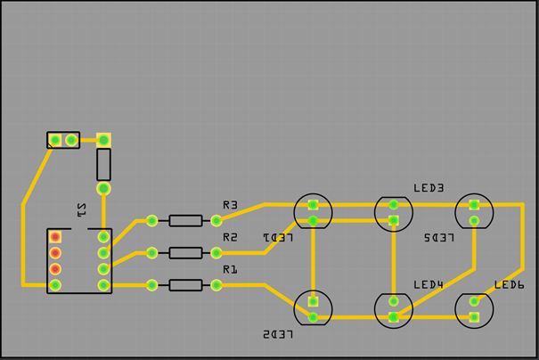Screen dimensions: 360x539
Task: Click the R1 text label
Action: point(230,269)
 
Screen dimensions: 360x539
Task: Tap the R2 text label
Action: point(230,237)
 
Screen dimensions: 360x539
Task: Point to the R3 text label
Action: point(230,205)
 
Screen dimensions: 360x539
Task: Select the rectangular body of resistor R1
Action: point(185,285)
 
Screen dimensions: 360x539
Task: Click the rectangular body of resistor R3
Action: point(185,220)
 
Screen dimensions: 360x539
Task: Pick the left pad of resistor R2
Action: point(152,253)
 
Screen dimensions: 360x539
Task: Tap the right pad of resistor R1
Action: point(216,285)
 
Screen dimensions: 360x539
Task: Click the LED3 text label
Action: point(429,188)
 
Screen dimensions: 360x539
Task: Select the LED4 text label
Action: point(429,284)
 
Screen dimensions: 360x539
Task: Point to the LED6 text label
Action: point(510,284)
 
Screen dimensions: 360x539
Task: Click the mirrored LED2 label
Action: point(277,334)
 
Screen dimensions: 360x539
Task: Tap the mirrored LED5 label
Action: point(439,238)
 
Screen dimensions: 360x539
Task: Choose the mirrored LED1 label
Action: point(277,238)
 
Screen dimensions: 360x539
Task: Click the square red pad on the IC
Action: point(55,237)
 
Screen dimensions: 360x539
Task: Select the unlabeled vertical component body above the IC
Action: point(103,165)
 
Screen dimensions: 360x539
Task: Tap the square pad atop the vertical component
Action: point(103,140)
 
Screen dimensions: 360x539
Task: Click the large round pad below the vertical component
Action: point(103,188)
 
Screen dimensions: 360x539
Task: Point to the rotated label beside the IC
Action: point(82,210)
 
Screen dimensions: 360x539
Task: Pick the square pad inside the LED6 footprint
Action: point(474,316)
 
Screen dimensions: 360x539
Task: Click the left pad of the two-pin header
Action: point(55,140)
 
